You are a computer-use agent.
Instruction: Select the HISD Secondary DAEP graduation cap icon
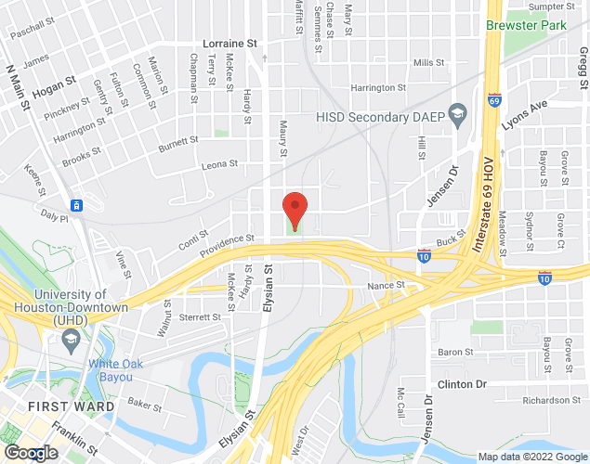pyautogui.click(x=457, y=116)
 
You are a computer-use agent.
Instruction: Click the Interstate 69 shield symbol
pyautogui.click(x=493, y=97)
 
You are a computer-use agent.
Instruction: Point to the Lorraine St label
pyautogui.click(x=230, y=44)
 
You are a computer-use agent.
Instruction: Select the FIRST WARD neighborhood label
pyautogui.click(x=72, y=406)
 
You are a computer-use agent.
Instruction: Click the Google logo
pyautogui.click(x=30, y=453)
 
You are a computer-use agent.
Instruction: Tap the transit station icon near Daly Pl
pyautogui.click(x=77, y=205)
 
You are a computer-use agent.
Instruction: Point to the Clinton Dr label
pyautogui.click(x=462, y=384)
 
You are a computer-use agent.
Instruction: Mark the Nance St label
pyautogui.click(x=387, y=286)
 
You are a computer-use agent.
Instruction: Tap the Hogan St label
pyautogui.click(x=52, y=90)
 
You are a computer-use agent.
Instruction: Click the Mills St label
pyautogui.click(x=429, y=62)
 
